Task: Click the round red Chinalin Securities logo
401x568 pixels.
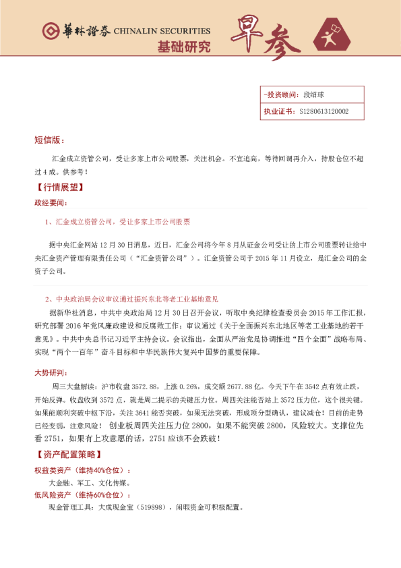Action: tap(50, 31)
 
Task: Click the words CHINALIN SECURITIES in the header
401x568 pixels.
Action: tap(162, 31)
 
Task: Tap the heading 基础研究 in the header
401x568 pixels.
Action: tap(183, 47)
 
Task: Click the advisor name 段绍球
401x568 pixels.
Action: tap(314, 95)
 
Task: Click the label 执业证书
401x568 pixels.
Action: tap(278, 111)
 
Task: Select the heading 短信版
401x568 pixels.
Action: tap(49, 140)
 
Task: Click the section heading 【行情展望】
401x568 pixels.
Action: tap(57, 187)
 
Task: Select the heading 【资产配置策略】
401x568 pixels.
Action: tap(65, 454)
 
